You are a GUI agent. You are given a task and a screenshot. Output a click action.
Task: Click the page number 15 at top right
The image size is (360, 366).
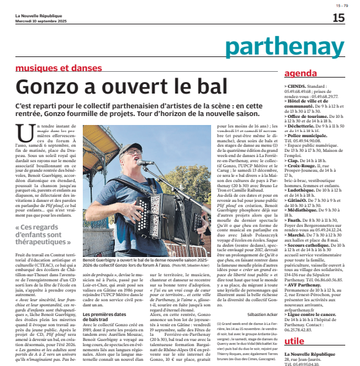pos(338,18)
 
